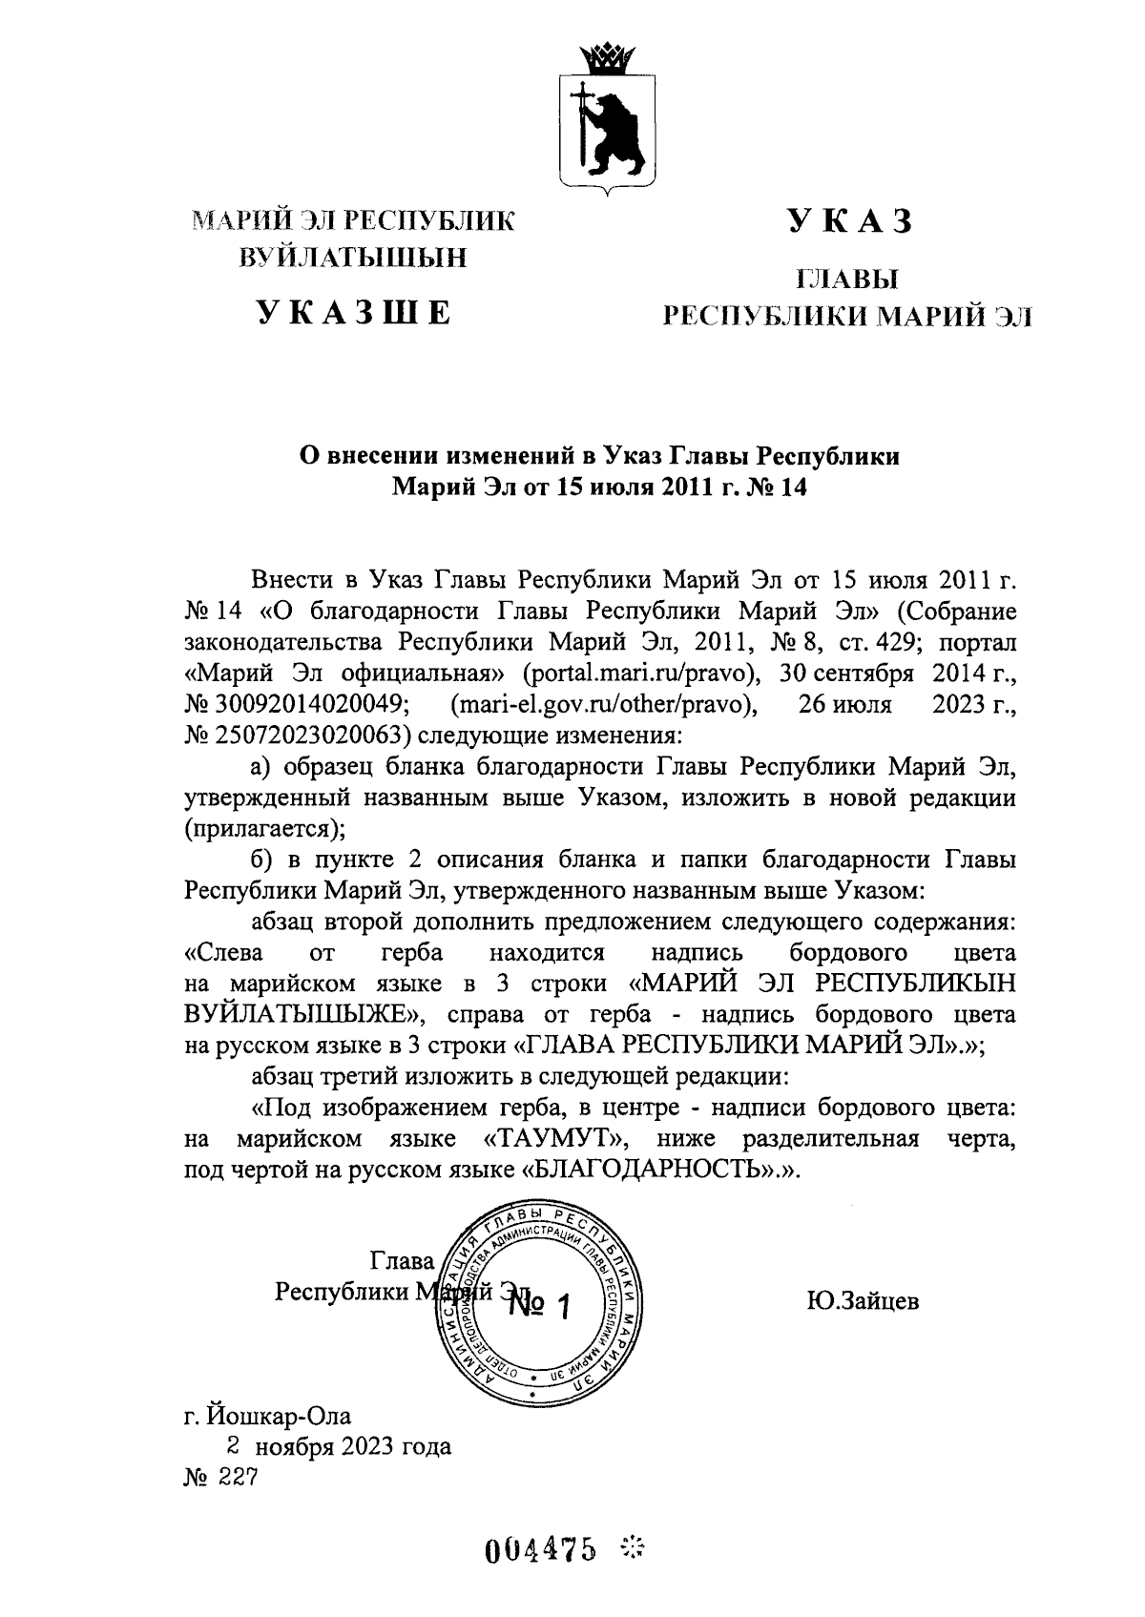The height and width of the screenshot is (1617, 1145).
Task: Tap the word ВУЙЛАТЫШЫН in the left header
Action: click(x=353, y=258)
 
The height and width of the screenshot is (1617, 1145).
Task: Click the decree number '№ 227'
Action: click(x=220, y=1476)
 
